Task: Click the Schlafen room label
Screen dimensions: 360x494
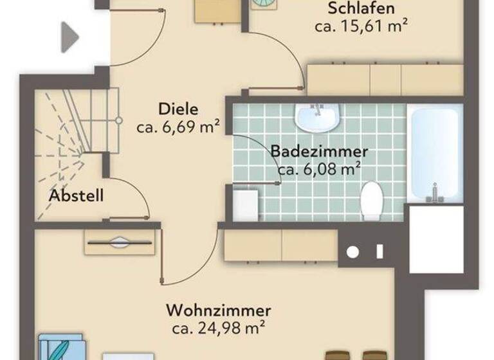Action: click(x=361, y=9)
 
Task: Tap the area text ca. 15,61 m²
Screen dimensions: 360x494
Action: click(x=363, y=27)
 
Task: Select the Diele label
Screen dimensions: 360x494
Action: click(x=178, y=108)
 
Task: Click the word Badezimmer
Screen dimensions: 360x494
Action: click(x=319, y=152)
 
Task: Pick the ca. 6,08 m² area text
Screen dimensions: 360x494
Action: click(x=319, y=170)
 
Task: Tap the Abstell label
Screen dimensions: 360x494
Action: click(x=77, y=195)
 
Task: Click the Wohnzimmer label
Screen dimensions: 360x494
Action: click(x=219, y=311)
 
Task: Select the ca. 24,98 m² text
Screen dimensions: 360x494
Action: click(x=219, y=329)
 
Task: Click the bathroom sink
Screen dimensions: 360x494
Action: click(x=316, y=118)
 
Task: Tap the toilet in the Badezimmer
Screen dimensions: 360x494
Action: click(x=371, y=201)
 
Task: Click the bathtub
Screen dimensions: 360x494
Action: click(x=435, y=152)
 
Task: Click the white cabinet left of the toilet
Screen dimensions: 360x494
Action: click(x=245, y=204)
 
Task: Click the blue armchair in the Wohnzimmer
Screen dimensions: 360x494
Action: click(x=61, y=347)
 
